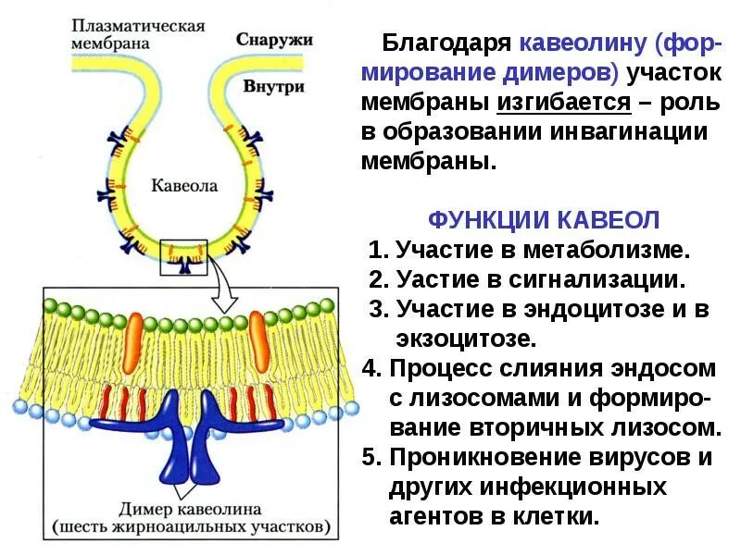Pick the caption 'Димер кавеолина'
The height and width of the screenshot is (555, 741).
click(190, 509)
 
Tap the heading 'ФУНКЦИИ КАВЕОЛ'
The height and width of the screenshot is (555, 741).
click(544, 220)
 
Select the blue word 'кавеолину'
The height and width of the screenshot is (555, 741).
click(583, 43)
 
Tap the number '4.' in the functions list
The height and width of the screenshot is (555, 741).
click(372, 368)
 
